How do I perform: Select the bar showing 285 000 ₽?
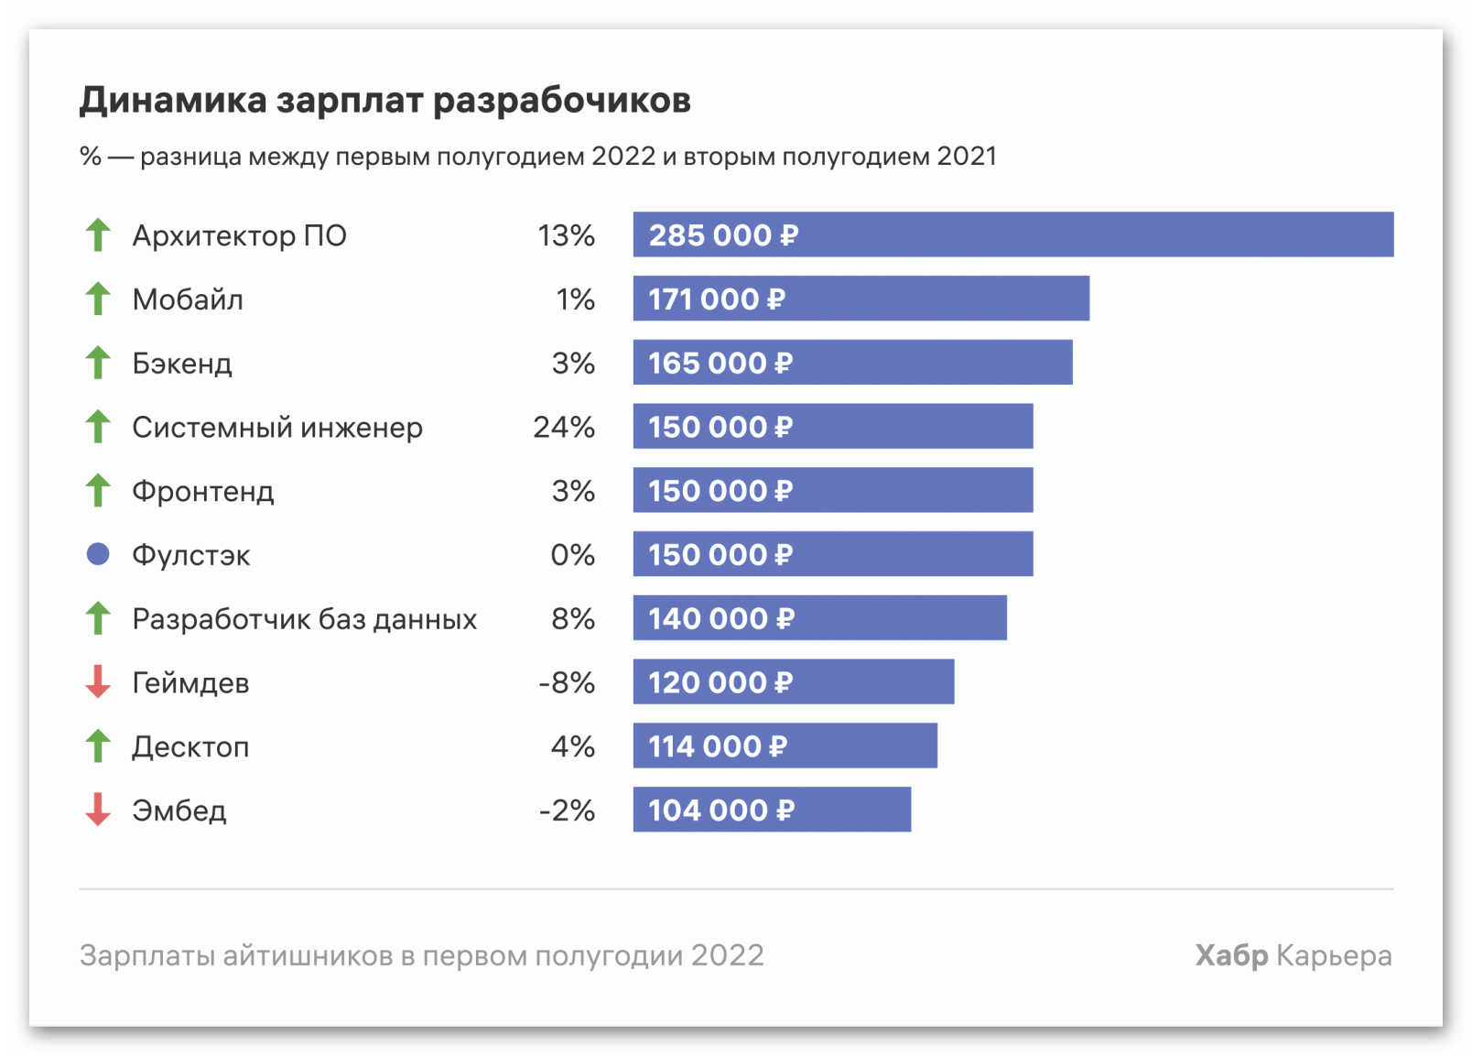tap(1013, 234)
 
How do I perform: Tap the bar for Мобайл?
tap(860, 298)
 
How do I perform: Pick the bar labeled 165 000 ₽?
tap(853, 362)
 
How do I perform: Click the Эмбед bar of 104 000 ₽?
tap(772, 809)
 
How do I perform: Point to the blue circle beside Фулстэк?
tap(98, 553)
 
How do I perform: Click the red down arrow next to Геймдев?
tap(98, 681)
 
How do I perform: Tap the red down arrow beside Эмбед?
tap(98, 809)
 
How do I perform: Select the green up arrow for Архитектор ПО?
tap(98, 234)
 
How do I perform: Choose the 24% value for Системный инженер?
tap(564, 428)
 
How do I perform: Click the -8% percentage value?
tap(567, 682)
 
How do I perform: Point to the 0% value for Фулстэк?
tap(572, 555)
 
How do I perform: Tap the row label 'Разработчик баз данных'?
tap(304, 619)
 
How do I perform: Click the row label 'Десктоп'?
tap(190, 747)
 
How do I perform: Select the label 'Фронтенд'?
tap(203, 491)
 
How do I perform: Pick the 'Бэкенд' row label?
tap(182, 364)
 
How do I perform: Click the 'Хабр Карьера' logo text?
tap(1293, 956)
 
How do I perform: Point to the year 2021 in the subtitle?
tap(966, 157)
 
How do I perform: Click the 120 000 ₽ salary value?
tap(720, 682)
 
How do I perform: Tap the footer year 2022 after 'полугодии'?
tap(728, 955)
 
